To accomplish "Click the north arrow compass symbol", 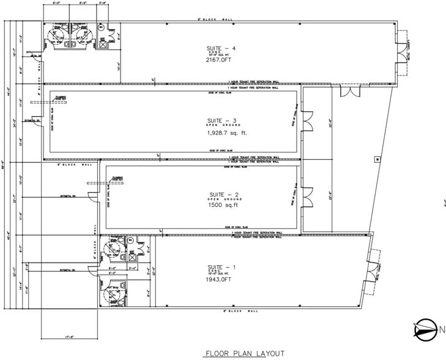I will [x=424, y=331].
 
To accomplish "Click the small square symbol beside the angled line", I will [x=377, y=159].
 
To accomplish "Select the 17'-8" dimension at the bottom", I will [x=68, y=336].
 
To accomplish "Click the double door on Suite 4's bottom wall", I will [x=349, y=91].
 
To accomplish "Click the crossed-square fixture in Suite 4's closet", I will [x=103, y=44].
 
